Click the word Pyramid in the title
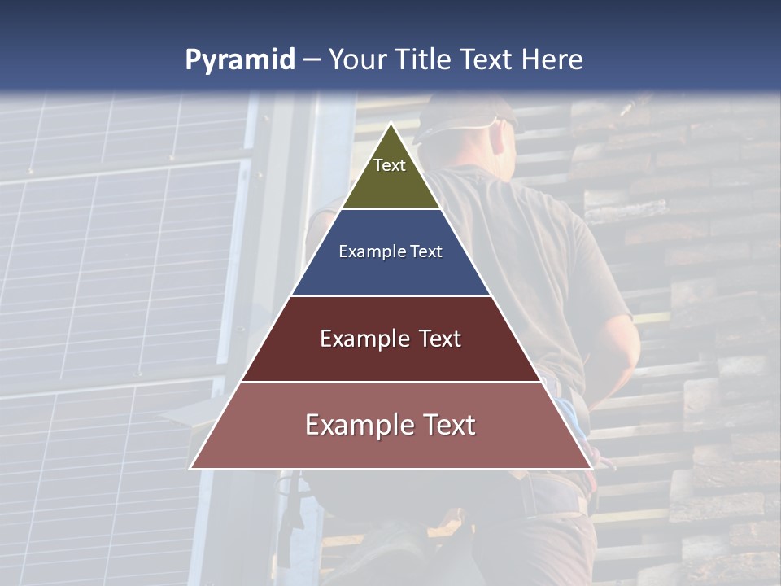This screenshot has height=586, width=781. [239, 60]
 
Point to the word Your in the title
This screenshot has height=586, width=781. [356, 59]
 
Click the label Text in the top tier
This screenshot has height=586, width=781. [390, 165]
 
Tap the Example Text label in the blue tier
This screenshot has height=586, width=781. [390, 251]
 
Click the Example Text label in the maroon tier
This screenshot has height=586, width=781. [390, 339]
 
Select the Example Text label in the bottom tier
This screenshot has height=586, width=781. [390, 425]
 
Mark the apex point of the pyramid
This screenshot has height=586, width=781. [391, 124]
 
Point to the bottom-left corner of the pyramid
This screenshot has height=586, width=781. [191, 468]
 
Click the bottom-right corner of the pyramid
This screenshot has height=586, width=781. [591, 468]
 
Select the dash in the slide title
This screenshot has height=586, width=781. [312, 60]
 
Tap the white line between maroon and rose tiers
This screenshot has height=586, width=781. [391, 382]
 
